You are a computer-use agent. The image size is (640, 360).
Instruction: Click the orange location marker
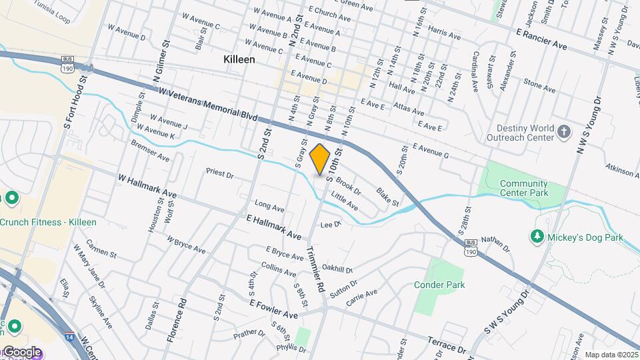[x=320, y=159]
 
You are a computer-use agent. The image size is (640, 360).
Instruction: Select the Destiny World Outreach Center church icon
[x=564, y=131]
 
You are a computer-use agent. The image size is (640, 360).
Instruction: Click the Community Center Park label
[x=523, y=188]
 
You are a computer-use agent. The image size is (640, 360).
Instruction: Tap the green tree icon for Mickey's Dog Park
[x=537, y=237]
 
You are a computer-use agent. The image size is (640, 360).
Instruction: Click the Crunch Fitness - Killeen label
[x=48, y=222]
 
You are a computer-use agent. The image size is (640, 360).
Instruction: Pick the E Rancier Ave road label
[x=541, y=39]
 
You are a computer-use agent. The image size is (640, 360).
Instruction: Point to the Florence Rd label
[x=175, y=321]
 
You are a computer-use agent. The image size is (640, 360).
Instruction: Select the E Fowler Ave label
[x=273, y=308]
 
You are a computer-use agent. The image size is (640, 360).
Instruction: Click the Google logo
[x=22, y=352]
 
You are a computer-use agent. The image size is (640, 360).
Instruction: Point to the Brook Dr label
[x=348, y=185]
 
